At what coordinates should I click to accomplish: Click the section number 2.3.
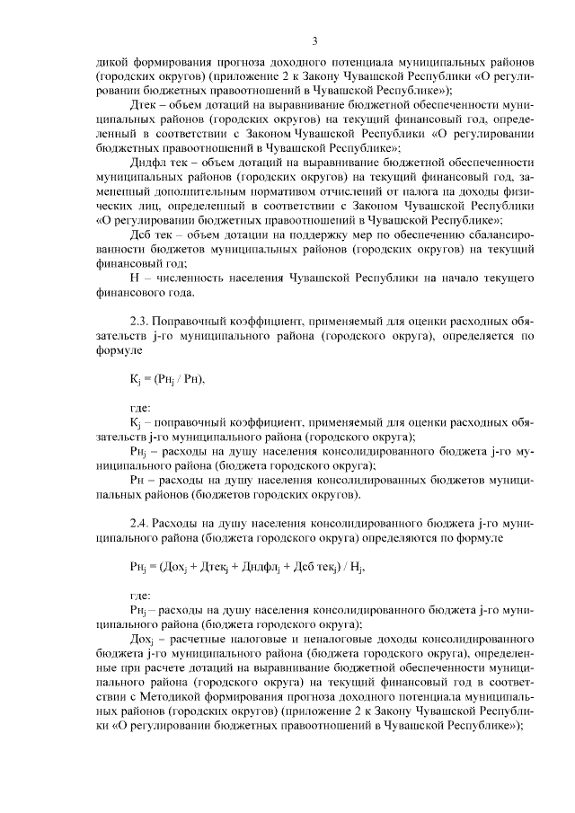coord(141,321)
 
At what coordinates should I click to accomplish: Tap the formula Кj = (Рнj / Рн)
coord(167,378)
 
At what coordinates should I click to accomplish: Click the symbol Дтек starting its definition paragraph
coord(146,105)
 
